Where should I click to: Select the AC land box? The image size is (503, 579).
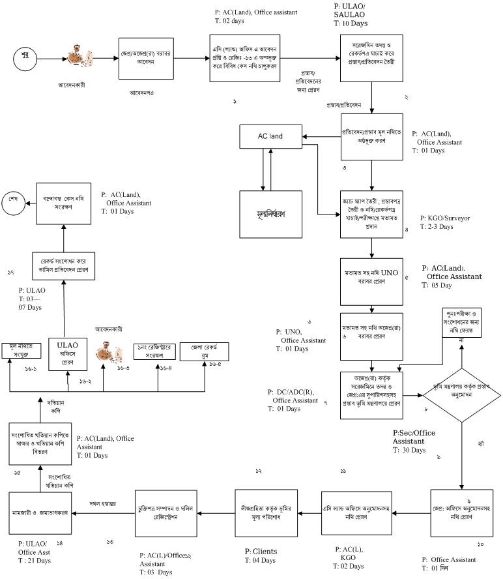[270, 136]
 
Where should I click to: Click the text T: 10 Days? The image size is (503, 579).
[351, 23]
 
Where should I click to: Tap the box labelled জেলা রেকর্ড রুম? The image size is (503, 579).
[205, 353]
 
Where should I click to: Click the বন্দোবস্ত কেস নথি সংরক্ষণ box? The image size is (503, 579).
[64, 202]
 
